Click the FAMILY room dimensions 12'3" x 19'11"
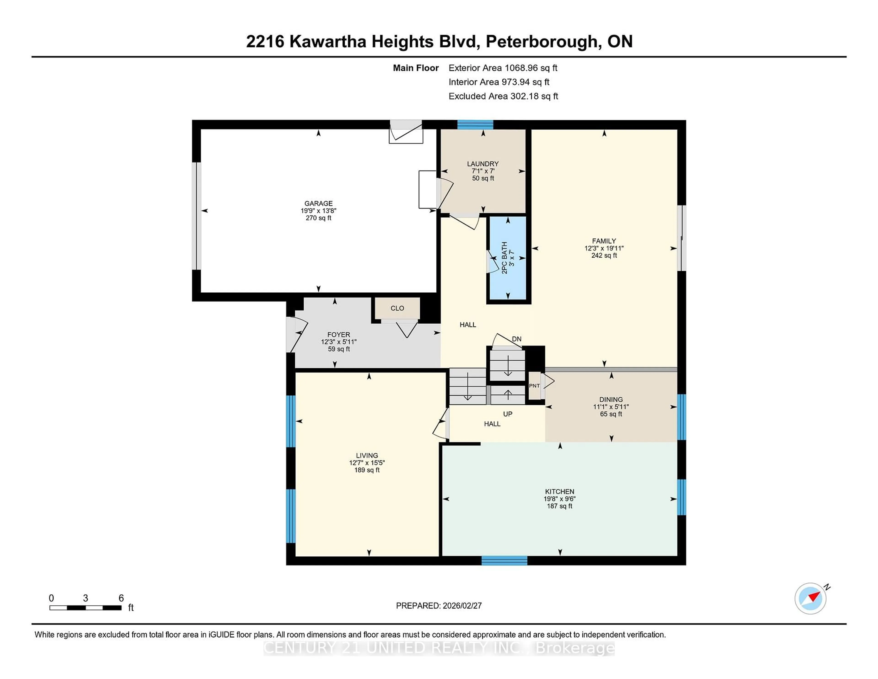pyautogui.click(x=604, y=248)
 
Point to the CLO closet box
pyautogui.click(x=397, y=308)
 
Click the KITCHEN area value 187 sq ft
pyautogui.click(x=559, y=506)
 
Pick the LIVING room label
pyautogui.click(x=367, y=455)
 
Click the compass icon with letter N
pyautogui.click(x=811, y=598)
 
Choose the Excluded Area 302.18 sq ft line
pyautogui.click(x=503, y=96)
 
